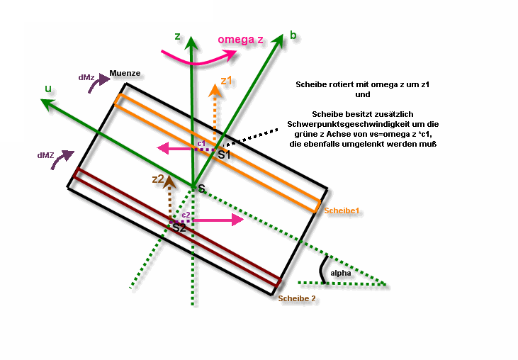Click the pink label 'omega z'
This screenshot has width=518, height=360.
(x=240, y=39)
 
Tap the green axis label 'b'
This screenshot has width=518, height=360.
(x=293, y=35)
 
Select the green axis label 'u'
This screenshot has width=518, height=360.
(x=48, y=89)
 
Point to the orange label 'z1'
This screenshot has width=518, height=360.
(x=226, y=80)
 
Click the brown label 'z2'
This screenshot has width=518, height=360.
(x=158, y=179)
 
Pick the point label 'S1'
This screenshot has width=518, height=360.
(x=224, y=154)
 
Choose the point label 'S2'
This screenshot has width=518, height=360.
(x=179, y=227)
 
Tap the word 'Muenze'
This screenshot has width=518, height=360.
(x=125, y=73)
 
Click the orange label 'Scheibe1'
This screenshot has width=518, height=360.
(x=342, y=210)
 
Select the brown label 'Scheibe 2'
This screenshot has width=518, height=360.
(x=297, y=298)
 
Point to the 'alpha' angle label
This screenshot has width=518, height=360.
(x=341, y=273)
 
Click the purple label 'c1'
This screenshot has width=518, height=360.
(x=201, y=144)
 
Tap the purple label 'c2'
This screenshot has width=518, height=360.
(x=186, y=215)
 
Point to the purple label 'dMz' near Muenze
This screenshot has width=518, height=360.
(x=86, y=78)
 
